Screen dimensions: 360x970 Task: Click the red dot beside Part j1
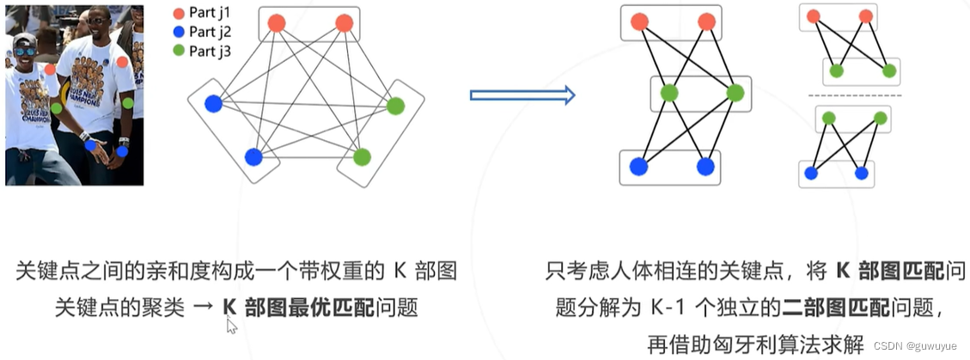click(x=178, y=14)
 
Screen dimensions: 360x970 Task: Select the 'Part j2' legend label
click(x=210, y=32)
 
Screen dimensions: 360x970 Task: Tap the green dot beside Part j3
click(x=178, y=51)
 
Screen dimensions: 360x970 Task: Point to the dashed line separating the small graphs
click(x=851, y=95)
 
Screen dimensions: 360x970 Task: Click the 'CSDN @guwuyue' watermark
click(x=919, y=345)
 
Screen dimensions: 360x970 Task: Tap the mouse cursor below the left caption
click(x=230, y=326)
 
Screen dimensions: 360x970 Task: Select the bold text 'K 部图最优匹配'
click(x=298, y=307)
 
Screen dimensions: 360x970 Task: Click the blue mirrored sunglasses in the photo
click(x=25, y=51)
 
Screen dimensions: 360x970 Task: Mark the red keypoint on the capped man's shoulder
click(x=50, y=69)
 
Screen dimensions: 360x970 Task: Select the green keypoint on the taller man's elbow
click(x=128, y=103)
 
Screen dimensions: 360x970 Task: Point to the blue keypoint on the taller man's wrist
click(x=123, y=151)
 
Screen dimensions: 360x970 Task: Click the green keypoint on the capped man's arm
click(x=56, y=108)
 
